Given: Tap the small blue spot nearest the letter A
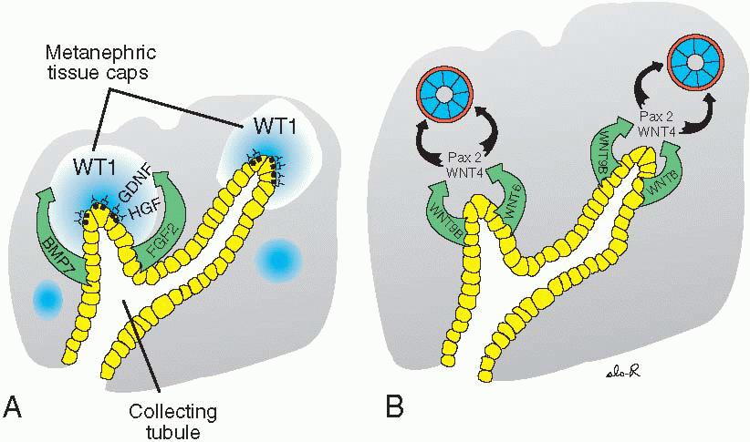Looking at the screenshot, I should pyautogui.click(x=47, y=298).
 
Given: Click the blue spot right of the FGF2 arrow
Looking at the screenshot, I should pyautogui.click(x=275, y=261).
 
